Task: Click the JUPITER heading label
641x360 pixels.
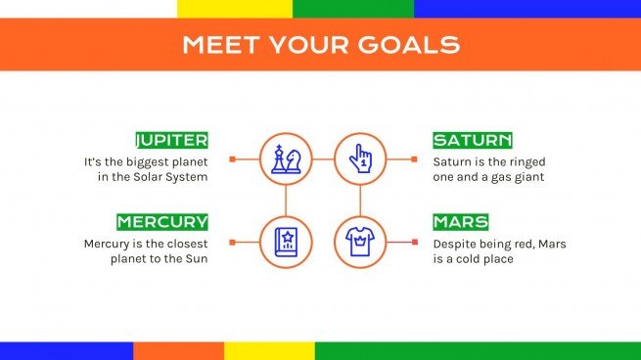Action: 171,140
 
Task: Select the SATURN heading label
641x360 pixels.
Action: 472,140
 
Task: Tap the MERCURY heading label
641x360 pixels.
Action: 162,222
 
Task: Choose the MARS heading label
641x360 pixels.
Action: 460,222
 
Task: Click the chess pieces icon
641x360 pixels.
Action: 286,158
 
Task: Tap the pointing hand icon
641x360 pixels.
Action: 360,158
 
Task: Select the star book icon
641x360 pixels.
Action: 286,241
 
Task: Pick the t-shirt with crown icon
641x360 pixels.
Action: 360,241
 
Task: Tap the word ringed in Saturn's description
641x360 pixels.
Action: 524,160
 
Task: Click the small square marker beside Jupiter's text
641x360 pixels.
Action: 232,158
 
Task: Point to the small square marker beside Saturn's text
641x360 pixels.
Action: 414,158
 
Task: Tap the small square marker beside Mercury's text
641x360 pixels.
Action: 232,241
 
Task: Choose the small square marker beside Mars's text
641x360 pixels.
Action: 414,241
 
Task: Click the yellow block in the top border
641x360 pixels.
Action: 235,8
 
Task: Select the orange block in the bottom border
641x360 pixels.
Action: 178,350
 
